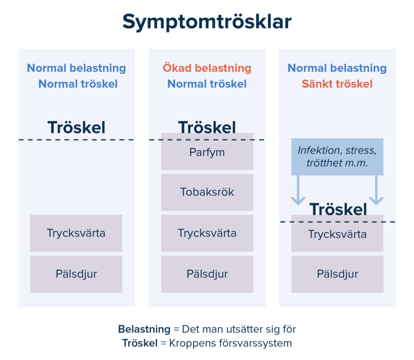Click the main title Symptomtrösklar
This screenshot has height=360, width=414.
click(207, 22)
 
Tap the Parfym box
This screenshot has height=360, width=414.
click(207, 152)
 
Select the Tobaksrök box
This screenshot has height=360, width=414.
click(207, 192)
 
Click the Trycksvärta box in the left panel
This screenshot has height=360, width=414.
click(76, 233)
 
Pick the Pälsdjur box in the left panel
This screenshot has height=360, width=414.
click(76, 274)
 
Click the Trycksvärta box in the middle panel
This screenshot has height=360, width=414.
click(207, 233)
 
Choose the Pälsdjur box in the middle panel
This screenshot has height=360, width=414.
click(207, 274)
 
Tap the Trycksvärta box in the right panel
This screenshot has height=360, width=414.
click(337, 234)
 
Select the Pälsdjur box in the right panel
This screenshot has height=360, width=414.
click(337, 274)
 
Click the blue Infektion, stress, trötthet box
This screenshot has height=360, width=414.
click(337, 157)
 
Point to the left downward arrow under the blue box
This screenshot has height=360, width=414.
click(298, 191)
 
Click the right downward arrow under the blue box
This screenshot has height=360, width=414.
click(376, 191)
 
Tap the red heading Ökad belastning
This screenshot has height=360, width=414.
click(207, 68)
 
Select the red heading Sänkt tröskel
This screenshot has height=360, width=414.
click(337, 84)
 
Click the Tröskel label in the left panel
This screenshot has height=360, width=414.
click(76, 127)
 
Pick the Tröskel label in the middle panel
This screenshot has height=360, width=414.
click(207, 127)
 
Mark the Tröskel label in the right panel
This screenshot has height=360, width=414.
click(338, 210)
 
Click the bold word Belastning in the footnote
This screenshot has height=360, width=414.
click(144, 329)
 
